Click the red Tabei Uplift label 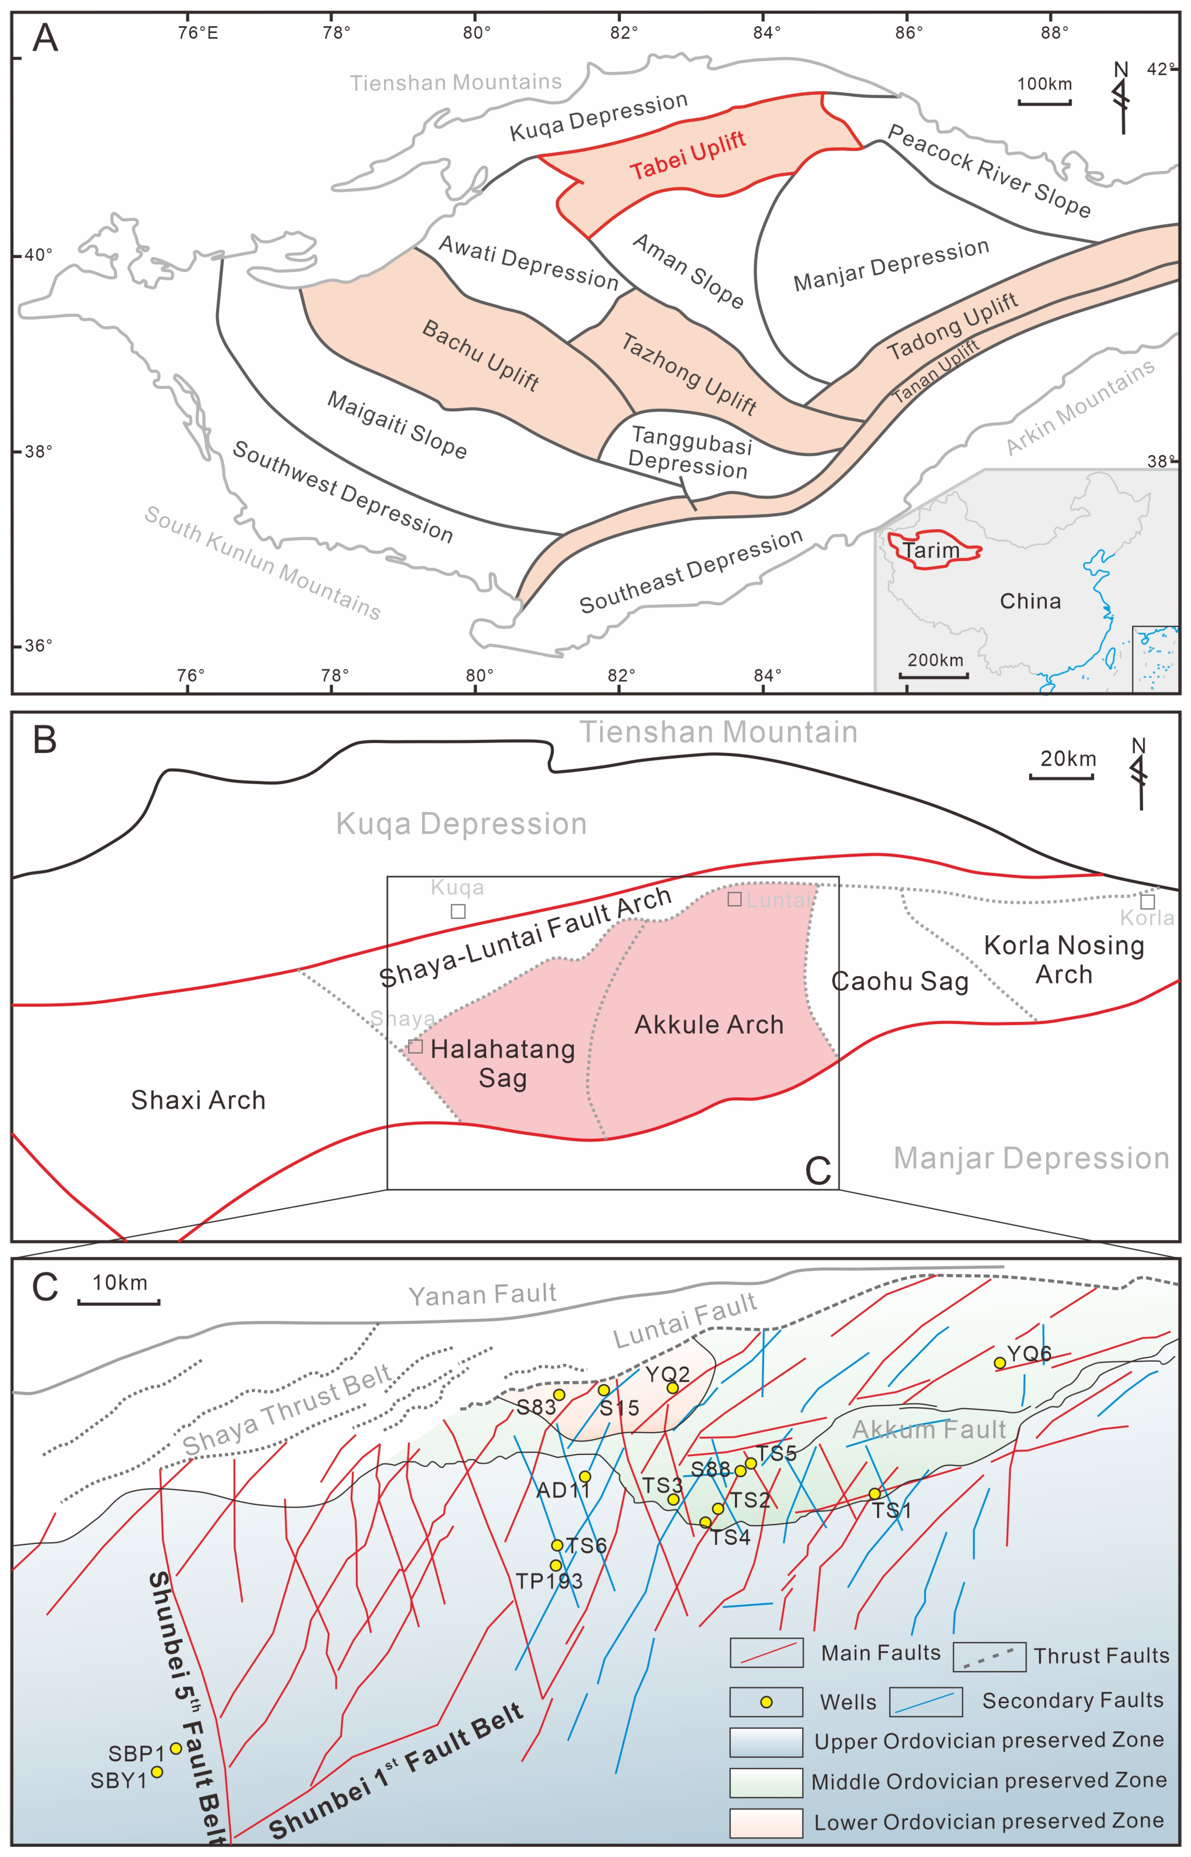pyautogui.click(x=687, y=155)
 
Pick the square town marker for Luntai pyautogui.click(x=735, y=899)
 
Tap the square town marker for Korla pyautogui.click(x=1148, y=902)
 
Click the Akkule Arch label pyautogui.click(x=709, y=1025)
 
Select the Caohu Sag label pyautogui.click(x=899, y=981)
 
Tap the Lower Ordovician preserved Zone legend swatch pyautogui.click(x=766, y=1822)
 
